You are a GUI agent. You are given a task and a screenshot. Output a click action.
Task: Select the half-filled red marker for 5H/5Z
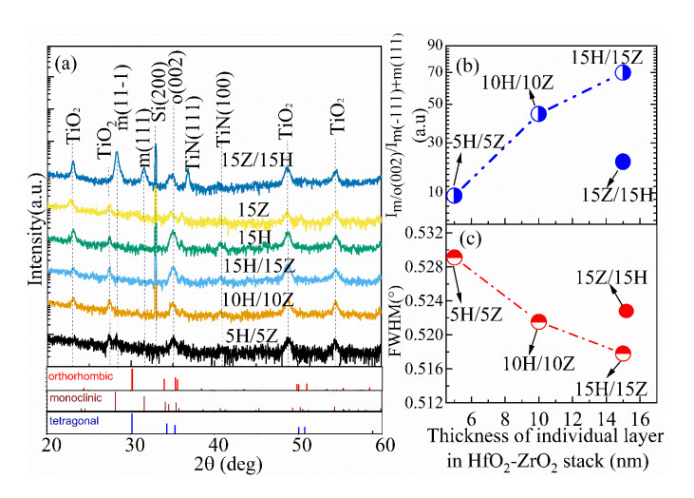(454, 258)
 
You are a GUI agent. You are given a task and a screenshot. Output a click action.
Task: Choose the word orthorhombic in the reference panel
(80, 376)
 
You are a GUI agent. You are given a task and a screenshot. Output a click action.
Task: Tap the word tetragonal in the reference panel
(74, 418)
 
